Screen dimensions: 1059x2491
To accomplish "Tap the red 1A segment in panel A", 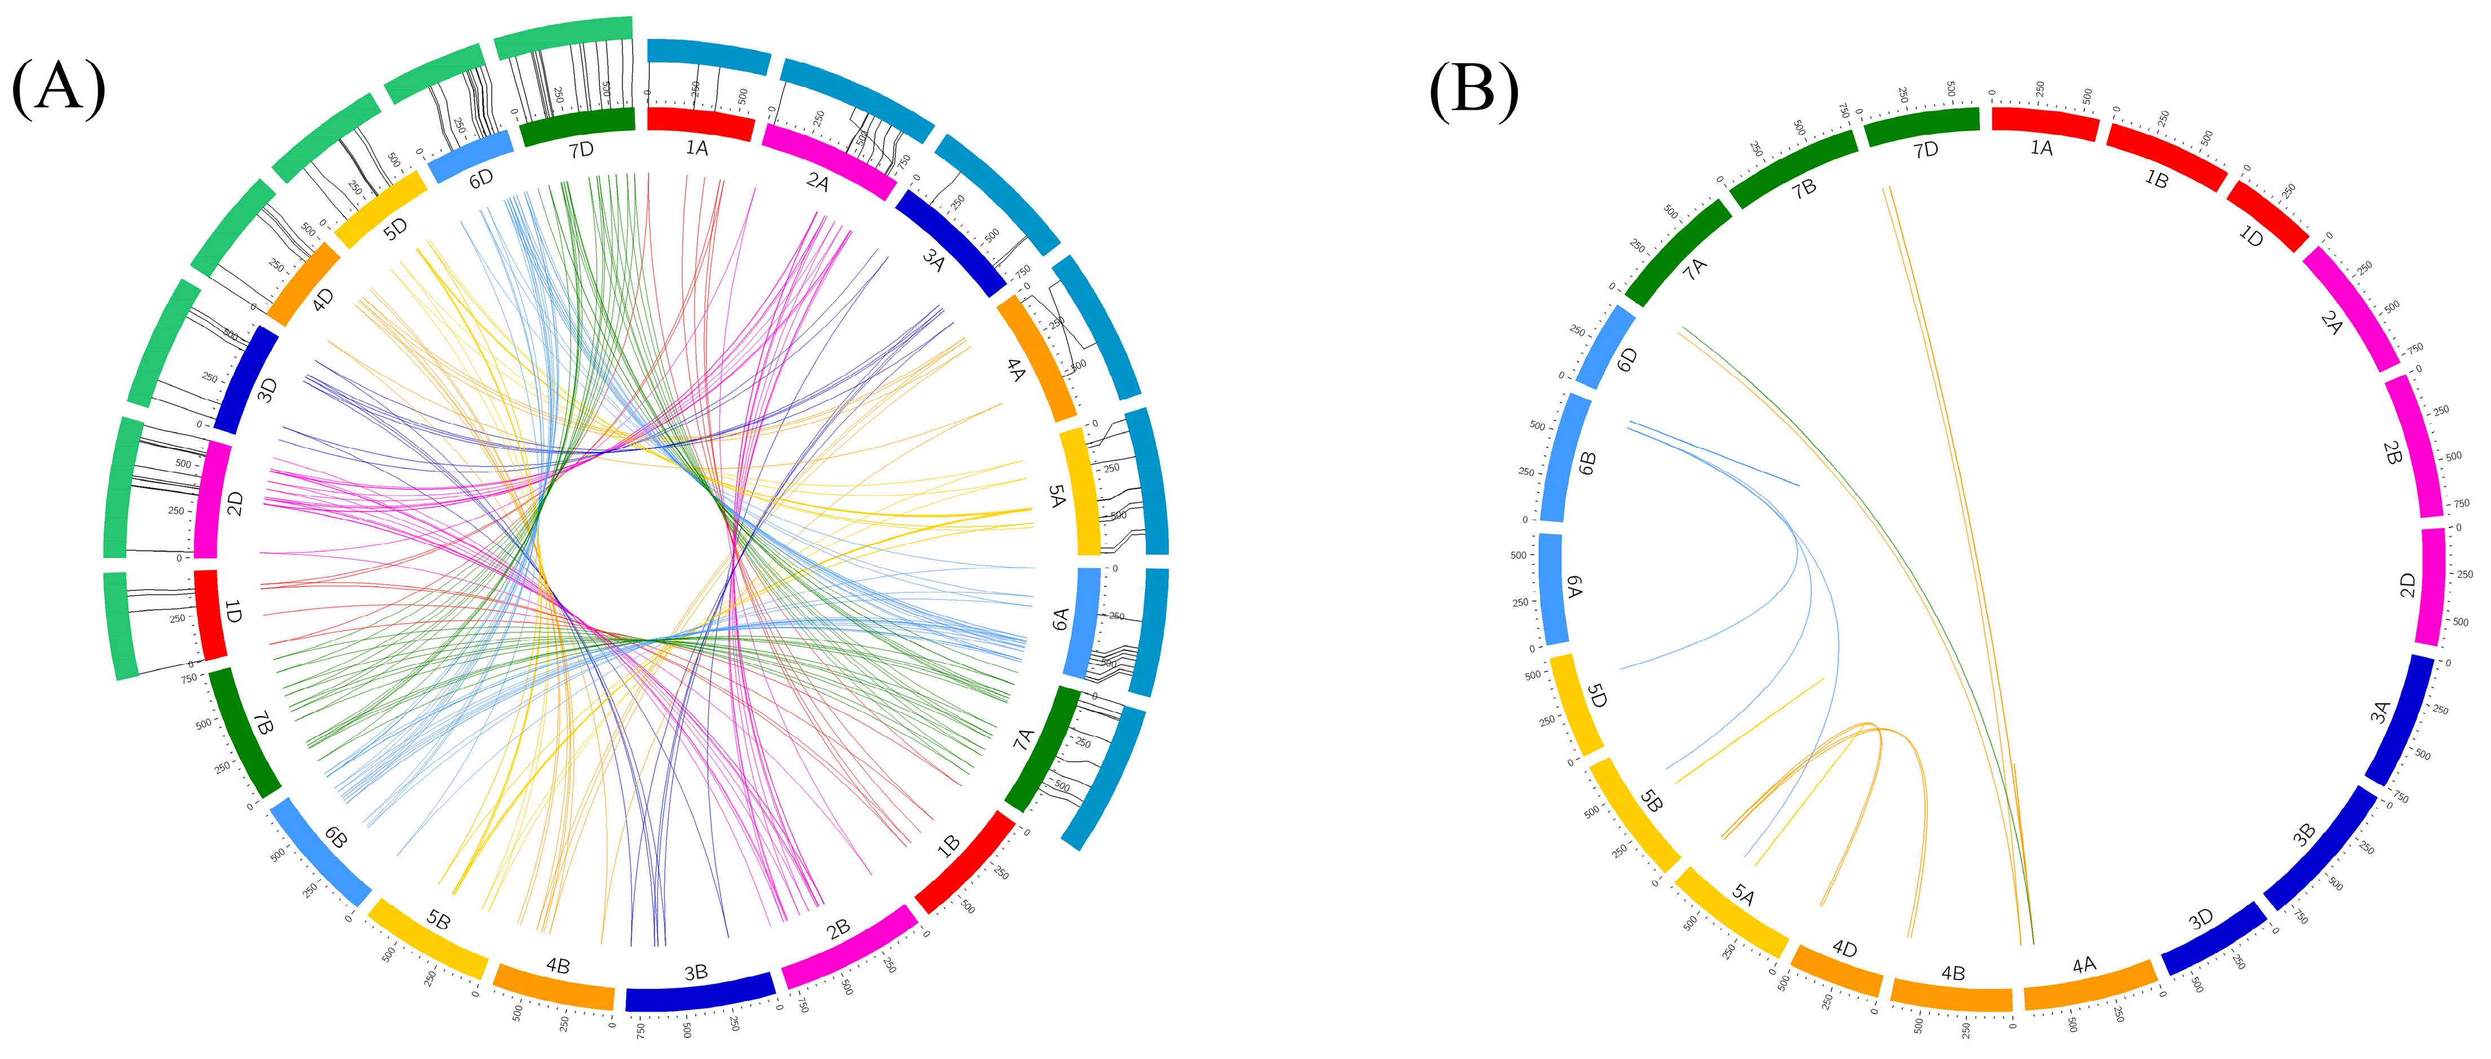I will (700, 123).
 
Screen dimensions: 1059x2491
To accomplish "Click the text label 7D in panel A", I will (581, 150).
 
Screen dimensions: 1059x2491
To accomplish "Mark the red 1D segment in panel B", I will (2266, 216).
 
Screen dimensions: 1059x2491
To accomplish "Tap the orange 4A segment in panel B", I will (2089, 983).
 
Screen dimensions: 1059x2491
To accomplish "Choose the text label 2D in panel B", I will (2407, 585).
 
